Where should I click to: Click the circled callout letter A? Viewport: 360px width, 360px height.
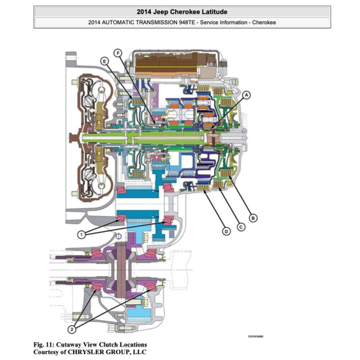click(x=247, y=94)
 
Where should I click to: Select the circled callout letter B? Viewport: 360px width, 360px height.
click(x=253, y=217)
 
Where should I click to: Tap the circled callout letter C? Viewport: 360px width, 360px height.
click(x=241, y=227)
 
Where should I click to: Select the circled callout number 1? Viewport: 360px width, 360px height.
click(x=81, y=235)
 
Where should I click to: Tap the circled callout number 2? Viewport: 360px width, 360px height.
click(x=72, y=330)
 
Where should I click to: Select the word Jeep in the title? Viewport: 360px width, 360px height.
click(x=162, y=11)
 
